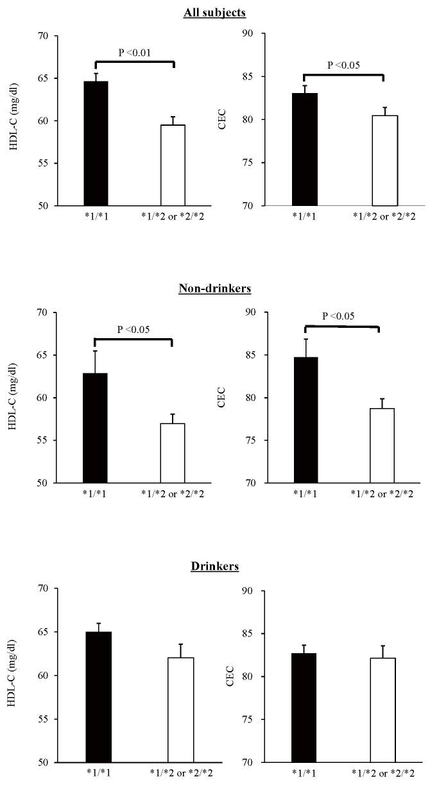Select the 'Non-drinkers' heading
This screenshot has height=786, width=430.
pos(214,289)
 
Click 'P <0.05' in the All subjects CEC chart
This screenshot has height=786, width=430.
pos(344,65)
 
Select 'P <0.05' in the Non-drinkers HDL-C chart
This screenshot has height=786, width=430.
pos(133,330)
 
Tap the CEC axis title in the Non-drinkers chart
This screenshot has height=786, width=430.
pos(223,398)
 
